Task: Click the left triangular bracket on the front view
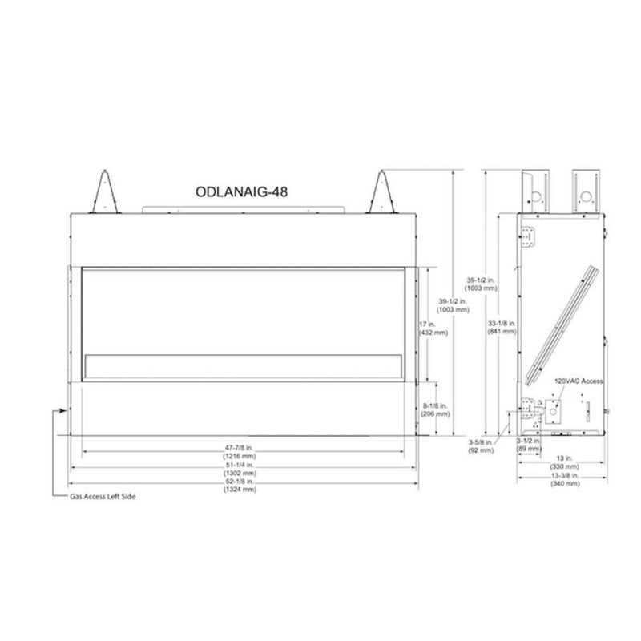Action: point(106,192)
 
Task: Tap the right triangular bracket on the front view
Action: point(381,192)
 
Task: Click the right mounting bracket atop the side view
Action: point(585,188)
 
